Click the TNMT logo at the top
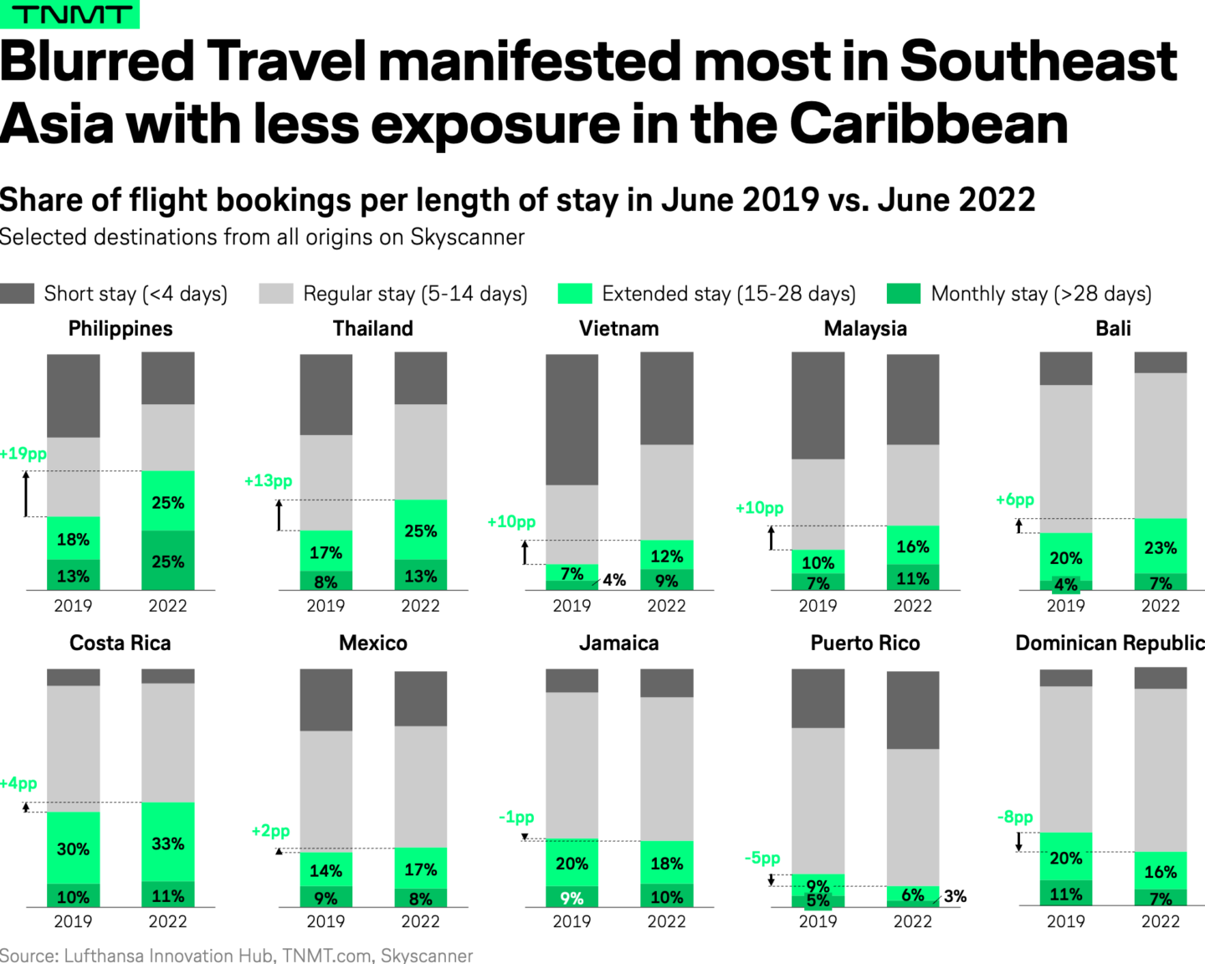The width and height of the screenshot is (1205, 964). click(x=69, y=14)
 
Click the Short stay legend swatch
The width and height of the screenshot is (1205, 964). click(x=18, y=294)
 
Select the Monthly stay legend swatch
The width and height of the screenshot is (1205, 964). click(x=903, y=294)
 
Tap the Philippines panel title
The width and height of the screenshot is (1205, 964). click(x=120, y=329)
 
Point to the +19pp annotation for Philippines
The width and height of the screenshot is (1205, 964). click(x=23, y=454)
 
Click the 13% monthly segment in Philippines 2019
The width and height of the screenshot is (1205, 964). click(x=74, y=576)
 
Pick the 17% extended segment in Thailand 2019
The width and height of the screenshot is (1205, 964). click(x=326, y=551)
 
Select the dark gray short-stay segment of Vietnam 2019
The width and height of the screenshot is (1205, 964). click(x=572, y=418)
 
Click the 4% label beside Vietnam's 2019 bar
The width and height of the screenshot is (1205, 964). click(x=614, y=580)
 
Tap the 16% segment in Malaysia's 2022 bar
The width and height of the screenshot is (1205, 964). click(x=913, y=546)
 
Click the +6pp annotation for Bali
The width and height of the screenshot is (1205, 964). click(x=1015, y=500)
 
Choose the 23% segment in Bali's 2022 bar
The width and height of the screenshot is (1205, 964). click(x=1161, y=547)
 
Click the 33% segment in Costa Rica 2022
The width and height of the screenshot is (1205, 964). click(x=168, y=843)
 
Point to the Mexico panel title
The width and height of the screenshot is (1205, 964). click(x=373, y=644)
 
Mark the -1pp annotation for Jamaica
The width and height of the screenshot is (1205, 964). click(x=516, y=817)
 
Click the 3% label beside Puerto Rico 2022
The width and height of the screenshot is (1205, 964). click(x=955, y=896)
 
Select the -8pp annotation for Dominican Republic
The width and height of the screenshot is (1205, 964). click(x=1015, y=817)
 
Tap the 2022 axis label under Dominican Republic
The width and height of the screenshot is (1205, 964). click(x=1161, y=921)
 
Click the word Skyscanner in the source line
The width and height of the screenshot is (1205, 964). click(x=427, y=955)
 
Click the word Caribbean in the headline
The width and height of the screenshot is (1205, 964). click(x=928, y=124)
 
